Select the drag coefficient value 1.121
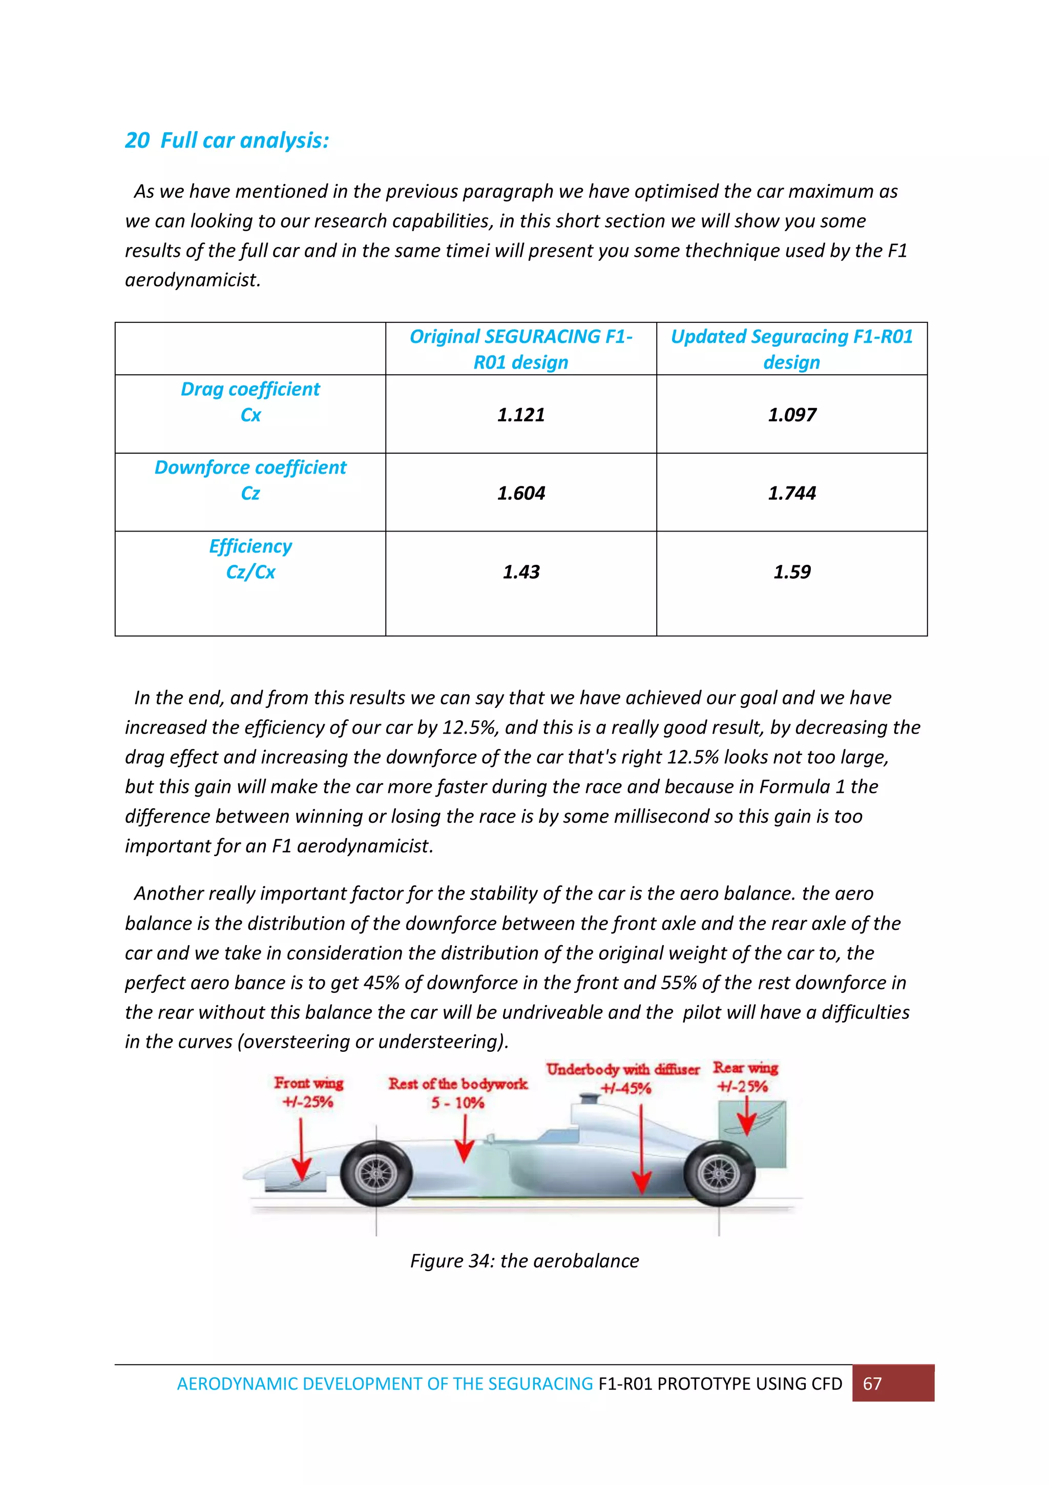pos(521,415)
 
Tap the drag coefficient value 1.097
pos(792,415)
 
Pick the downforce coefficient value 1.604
pos(521,493)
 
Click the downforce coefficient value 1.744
pos(792,493)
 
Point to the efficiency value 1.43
pos(521,572)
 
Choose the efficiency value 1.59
pos(792,572)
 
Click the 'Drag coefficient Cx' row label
pos(250,402)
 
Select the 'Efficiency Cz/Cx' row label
pos(250,559)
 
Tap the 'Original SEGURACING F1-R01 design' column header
pos(521,349)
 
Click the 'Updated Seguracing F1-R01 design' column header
pos(792,349)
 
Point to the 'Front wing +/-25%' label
pos(308,1092)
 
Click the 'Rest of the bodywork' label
pos(457,1084)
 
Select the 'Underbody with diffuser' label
pos(622,1070)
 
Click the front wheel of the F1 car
pos(376,1173)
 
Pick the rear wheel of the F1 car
pos(719,1173)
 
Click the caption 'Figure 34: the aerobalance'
pos(524,1260)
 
